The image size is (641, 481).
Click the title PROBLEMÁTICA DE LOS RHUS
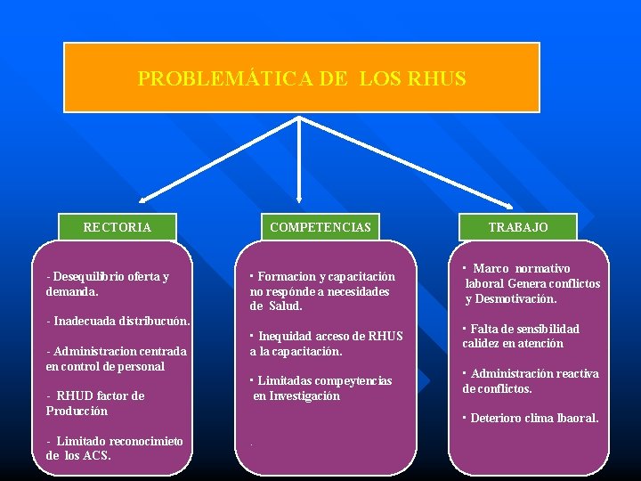[x=302, y=78]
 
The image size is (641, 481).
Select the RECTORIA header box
[x=118, y=227]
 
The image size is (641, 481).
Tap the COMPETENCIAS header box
[x=320, y=227]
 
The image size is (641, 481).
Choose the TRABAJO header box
[x=518, y=227]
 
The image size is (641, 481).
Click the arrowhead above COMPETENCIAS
[x=299, y=200]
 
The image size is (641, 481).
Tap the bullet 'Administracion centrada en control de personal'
[x=116, y=358]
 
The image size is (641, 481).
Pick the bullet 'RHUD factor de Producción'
[x=94, y=403]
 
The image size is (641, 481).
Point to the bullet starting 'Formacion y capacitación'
[x=321, y=290]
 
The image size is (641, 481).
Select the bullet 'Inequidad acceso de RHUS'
[x=326, y=343]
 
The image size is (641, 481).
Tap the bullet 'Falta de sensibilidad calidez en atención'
[x=521, y=336]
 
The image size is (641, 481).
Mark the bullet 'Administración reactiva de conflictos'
[x=531, y=380]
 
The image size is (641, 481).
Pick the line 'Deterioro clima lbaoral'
[x=531, y=418]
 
